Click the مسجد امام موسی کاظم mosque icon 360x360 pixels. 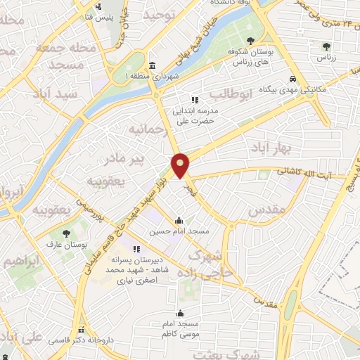coord(181,313)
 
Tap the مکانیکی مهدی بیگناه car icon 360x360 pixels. coord(292,79)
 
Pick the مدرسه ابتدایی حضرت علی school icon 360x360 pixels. coord(195,100)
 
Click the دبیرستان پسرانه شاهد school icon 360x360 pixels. coord(136,249)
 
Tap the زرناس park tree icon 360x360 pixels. coord(326,46)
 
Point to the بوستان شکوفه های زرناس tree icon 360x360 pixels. coord(251,41)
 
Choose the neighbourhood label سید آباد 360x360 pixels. coord(53,94)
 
